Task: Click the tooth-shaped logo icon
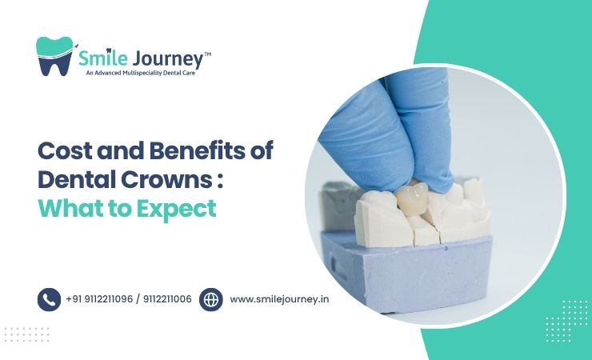(54, 56)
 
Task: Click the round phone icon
(49, 299)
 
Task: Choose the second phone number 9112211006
(166, 299)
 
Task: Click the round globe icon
(211, 299)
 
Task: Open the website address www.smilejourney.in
(279, 299)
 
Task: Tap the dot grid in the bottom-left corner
(26, 334)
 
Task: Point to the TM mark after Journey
(206, 53)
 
